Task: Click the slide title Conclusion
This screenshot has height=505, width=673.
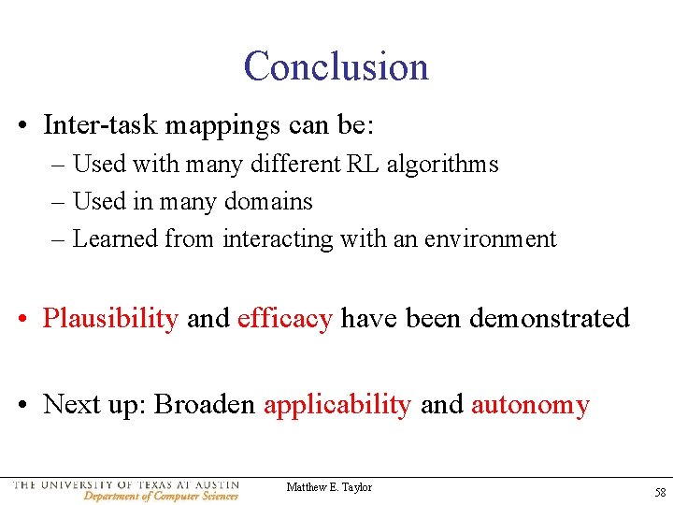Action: click(x=336, y=66)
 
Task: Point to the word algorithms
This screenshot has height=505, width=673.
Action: click(x=442, y=165)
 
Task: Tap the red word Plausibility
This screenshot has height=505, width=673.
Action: click(x=110, y=319)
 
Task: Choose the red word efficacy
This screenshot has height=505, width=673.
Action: click(x=284, y=319)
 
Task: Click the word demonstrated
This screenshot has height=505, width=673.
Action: click(x=549, y=319)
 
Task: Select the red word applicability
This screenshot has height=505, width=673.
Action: click(x=336, y=405)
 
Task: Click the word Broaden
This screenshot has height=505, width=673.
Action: click(x=204, y=405)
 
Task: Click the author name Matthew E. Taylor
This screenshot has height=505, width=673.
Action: click(x=329, y=487)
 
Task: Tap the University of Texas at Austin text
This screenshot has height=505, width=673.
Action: click(x=126, y=484)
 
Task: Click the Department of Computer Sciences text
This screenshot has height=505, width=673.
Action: click(x=161, y=496)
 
